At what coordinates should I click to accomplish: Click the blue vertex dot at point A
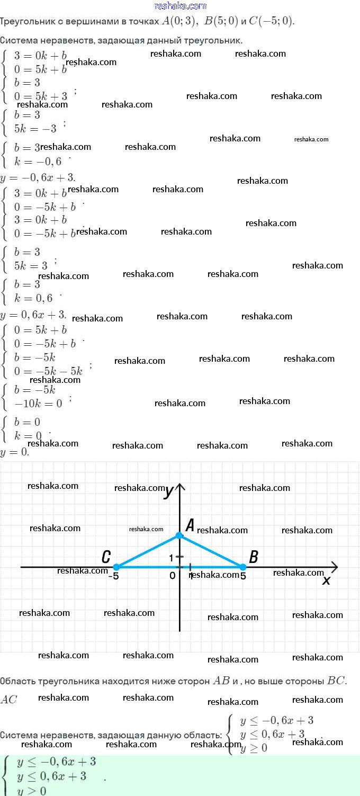click(179, 535)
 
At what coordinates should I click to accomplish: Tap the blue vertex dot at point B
click(243, 567)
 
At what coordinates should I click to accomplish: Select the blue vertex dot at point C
click(116, 567)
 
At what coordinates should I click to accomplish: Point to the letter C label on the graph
click(106, 557)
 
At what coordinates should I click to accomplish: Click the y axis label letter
click(169, 491)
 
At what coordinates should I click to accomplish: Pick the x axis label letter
click(327, 580)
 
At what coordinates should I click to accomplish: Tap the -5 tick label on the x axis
click(113, 576)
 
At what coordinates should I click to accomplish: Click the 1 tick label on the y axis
click(172, 558)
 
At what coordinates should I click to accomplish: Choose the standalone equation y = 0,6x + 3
click(34, 315)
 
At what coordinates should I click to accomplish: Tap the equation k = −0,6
click(38, 162)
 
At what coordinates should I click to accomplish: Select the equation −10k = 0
click(38, 403)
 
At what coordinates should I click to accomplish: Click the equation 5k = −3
click(35, 129)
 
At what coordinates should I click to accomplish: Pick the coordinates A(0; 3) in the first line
click(179, 21)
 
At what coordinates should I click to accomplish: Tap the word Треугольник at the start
click(27, 22)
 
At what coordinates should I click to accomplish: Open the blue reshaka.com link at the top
click(180, 6)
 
